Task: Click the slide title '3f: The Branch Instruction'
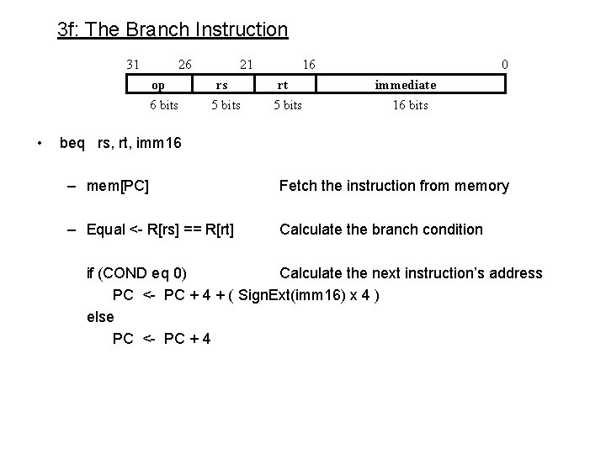point(173,30)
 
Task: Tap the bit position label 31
point(132,64)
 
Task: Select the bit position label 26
point(185,64)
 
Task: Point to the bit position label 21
point(246,64)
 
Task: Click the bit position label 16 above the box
point(309,64)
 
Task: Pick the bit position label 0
point(504,64)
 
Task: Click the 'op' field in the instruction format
point(158,84)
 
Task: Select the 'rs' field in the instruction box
point(221,84)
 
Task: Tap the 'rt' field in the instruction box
point(284,84)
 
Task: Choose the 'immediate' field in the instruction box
point(406,84)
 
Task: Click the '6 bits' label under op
point(163,105)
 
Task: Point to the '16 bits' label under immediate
point(410,105)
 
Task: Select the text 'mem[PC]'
point(118,186)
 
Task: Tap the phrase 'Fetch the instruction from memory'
point(394,186)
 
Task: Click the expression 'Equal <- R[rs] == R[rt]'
point(161,230)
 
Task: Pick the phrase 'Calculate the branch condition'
point(381,230)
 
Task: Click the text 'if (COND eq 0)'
point(137,273)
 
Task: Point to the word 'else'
point(100,317)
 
